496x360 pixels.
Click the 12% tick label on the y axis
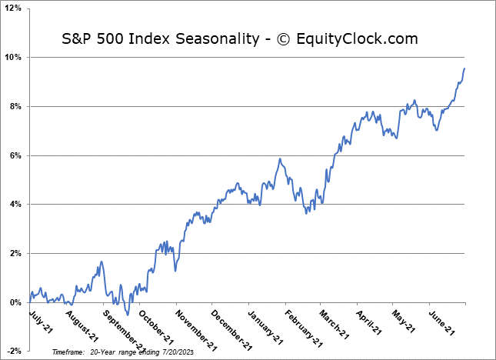tap(13, 8)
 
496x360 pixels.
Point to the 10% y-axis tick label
tap(13, 58)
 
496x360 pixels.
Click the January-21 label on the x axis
tap(265, 324)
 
